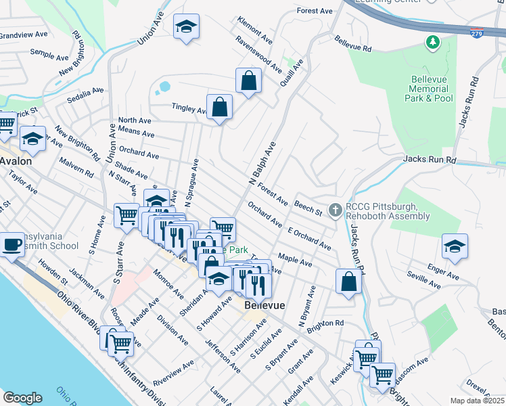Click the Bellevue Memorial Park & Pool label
pyautogui.click(x=432, y=89)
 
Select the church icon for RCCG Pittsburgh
pyautogui.click(x=334, y=210)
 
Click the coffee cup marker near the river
pyautogui.click(x=11, y=245)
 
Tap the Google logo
pyautogui.click(x=22, y=398)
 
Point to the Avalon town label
pyautogui.click(x=16, y=161)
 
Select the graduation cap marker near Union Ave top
pyautogui.click(x=186, y=28)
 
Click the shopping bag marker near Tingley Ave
pyautogui.click(x=219, y=107)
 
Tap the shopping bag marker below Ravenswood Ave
pyautogui.click(x=249, y=81)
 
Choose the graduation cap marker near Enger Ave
pyautogui.click(x=455, y=247)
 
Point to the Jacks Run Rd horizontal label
pyautogui.click(x=430, y=160)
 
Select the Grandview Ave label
pyautogui.click(x=24, y=34)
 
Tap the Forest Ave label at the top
pyautogui.click(x=315, y=11)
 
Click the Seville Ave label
pyautogui.click(x=423, y=276)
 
